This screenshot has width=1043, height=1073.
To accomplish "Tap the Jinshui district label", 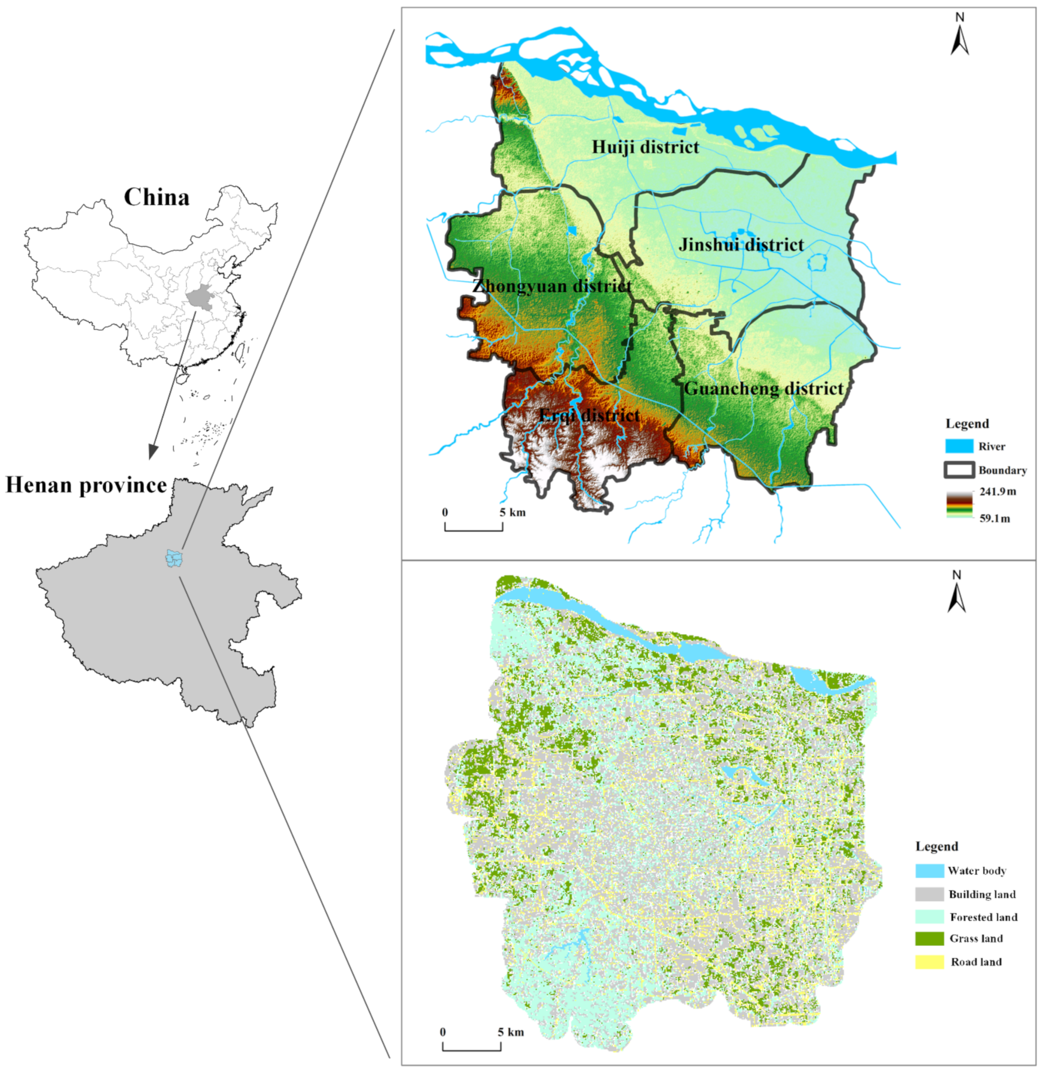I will tap(741, 244).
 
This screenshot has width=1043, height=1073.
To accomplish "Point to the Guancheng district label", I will tap(764, 388).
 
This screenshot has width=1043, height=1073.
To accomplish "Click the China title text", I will tap(156, 197).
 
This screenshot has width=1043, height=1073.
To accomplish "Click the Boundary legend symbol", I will tap(959, 470).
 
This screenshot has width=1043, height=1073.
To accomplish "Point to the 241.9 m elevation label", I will tap(998, 491).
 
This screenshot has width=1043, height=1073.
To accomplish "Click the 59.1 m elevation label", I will tap(995, 518).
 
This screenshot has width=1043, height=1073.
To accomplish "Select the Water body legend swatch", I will tap(930, 871).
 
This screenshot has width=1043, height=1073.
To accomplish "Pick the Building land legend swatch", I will tap(930, 894).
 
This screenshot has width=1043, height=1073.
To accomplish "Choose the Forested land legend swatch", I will tap(930, 917).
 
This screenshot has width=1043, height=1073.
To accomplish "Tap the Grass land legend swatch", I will tap(930, 939).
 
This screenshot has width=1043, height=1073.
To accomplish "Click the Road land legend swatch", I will tap(930, 962).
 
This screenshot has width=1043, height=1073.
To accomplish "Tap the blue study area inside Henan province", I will tap(174, 559).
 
